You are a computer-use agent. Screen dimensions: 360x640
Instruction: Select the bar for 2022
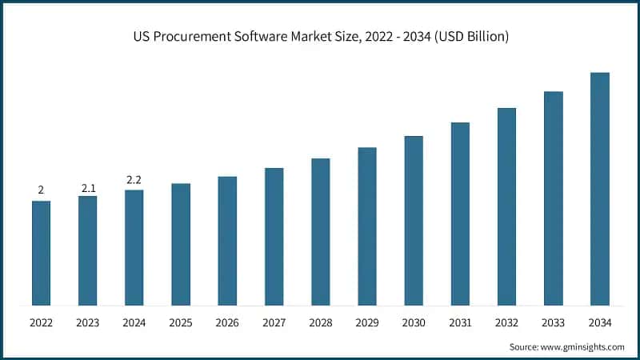41,253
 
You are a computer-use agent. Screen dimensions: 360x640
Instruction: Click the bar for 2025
181,244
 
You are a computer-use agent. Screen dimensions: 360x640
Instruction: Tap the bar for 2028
321,231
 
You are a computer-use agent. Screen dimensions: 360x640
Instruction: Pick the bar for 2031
460,214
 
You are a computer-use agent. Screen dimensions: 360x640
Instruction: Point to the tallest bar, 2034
600,189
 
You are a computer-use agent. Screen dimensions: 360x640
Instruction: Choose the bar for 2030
414,220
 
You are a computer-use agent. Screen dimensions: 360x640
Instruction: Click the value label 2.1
88,188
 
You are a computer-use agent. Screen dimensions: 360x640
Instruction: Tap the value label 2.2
134,182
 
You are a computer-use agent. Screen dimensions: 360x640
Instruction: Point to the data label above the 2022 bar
41,190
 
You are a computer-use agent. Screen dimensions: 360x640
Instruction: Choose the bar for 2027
274,236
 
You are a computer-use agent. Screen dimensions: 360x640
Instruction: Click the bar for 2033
554,198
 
